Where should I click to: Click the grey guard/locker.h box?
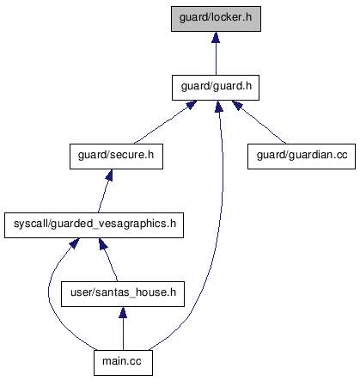coord(216,19)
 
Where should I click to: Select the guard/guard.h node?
coord(216,88)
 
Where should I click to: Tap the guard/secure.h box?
coord(116,157)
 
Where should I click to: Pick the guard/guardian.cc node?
coord(302,157)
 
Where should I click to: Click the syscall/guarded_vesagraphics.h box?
coord(94,225)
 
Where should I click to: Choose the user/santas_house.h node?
coord(123,294)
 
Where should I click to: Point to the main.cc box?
coord(123,363)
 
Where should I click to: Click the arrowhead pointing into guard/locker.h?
coord(216,37)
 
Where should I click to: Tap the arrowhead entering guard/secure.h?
coord(109,175)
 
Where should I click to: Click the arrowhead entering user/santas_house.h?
coord(123,312)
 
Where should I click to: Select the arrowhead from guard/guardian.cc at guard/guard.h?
coord(237,105)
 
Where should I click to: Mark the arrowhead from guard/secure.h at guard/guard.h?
coord(192,105)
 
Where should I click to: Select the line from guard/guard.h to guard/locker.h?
coord(216,59)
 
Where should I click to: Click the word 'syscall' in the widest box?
coord(30,224)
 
